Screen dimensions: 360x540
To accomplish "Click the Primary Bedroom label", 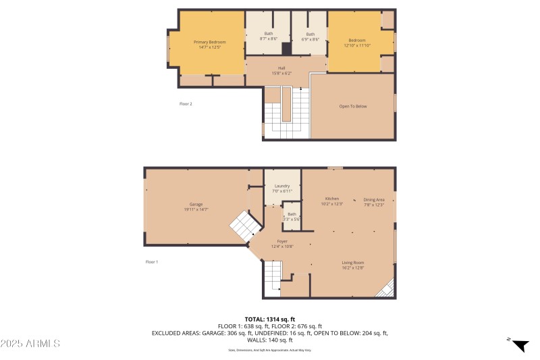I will pos(210,45).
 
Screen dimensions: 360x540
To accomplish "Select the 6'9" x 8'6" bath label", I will pos(310,36).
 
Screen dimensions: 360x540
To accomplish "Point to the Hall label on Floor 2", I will pos(281,70).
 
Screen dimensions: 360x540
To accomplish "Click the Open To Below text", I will pos(352,107).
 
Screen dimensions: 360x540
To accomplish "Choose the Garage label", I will pos(196,207).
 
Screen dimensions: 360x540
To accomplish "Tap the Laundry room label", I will pos(282,188).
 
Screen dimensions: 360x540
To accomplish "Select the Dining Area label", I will pos(373,201).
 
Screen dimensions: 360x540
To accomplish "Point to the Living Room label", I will pos(352,265).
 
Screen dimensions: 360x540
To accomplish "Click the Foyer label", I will pos(282,243).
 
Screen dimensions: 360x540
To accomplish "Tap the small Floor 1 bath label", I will pos(292,216).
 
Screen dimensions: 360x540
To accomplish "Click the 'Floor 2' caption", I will pos(186,103).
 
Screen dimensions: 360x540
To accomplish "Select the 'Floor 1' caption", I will pos(152,261).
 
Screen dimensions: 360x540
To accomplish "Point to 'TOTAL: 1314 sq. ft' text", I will pos(269,319).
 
